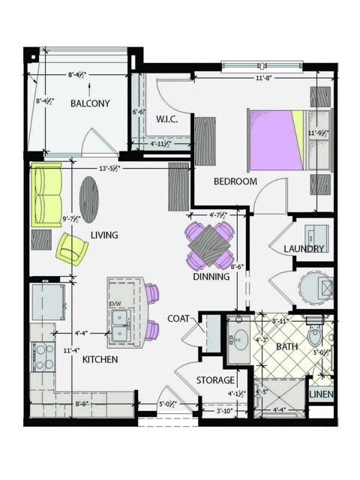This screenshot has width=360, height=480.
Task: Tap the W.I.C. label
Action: point(166,118)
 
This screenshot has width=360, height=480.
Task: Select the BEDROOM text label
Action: point(235,181)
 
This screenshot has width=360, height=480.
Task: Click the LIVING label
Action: point(104,235)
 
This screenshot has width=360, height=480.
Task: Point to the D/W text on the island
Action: point(115,303)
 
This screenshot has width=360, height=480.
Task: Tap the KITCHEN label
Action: point(100,360)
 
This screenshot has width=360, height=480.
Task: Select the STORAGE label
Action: point(216,380)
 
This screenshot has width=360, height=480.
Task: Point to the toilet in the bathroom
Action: point(314,334)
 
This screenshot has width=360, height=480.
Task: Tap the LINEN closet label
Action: point(322,394)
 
